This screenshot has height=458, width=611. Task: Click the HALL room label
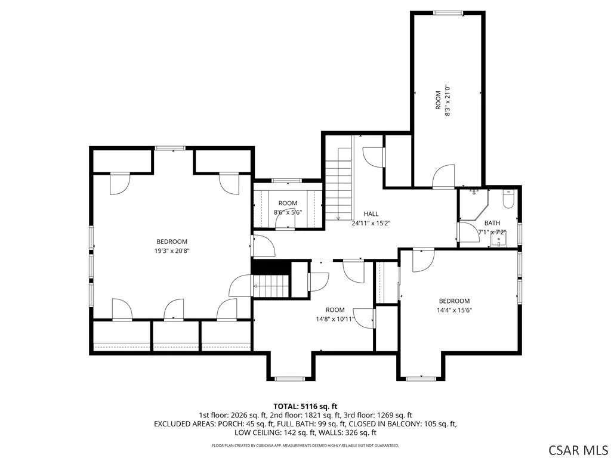coord(371,214)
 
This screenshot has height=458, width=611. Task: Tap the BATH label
coord(492,223)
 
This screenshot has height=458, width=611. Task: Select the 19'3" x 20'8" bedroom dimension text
coord(172,251)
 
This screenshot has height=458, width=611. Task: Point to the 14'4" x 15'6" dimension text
coord(454,310)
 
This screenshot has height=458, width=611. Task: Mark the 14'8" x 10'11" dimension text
coord(335,320)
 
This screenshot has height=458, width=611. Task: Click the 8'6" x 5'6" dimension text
coord(288,213)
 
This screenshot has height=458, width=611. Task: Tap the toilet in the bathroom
coord(508,199)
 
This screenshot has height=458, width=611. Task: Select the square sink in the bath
coord(498,239)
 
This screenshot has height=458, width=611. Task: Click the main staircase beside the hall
coord(339,184)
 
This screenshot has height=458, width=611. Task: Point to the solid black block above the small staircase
coord(271,267)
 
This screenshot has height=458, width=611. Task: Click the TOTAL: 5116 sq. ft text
coord(305,407)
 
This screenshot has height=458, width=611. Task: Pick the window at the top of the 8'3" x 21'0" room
coord(449,13)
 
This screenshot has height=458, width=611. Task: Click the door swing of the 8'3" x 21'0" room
coord(443,176)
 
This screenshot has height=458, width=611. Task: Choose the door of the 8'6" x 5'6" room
coord(285,222)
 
